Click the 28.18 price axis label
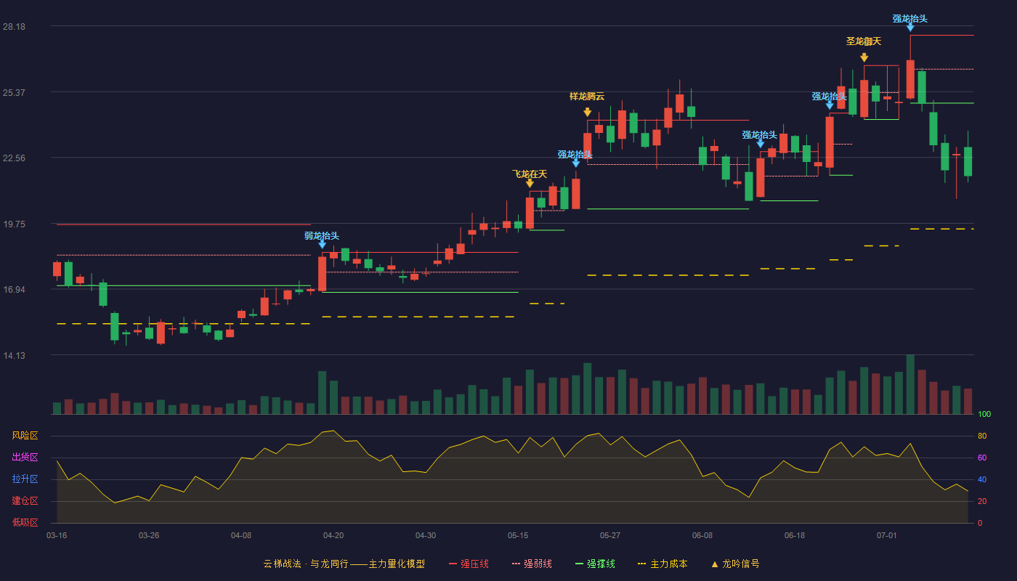(14, 27)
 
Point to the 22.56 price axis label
(14, 158)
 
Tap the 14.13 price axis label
(14, 355)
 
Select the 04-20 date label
(333, 536)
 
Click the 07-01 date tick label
(887, 536)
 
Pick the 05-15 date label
(518, 536)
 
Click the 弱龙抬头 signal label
(321, 235)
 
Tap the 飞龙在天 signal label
(530, 174)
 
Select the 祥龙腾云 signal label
(587, 96)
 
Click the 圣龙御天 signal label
(864, 41)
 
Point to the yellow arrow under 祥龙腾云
(588, 112)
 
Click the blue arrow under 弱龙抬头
(323, 245)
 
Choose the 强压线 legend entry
(469, 564)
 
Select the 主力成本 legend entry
(663, 564)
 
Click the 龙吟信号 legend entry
(735, 564)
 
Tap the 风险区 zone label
(25, 435)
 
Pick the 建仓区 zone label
(25, 500)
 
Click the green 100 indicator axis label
(984, 414)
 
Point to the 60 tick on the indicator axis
(982, 458)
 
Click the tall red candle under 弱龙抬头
(323, 274)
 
